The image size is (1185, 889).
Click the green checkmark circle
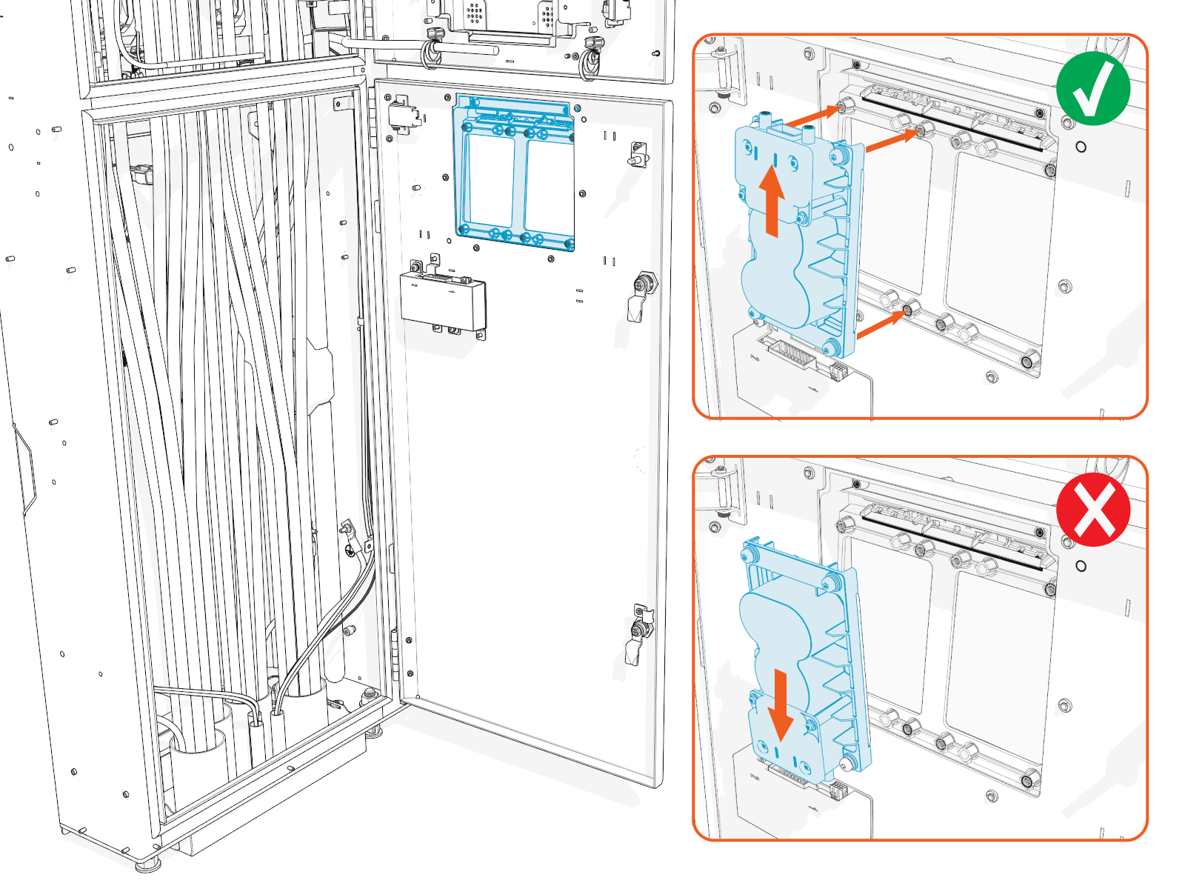pyautogui.click(x=1093, y=89)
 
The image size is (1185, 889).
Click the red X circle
pyautogui.click(x=1093, y=510)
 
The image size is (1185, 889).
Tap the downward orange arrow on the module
pyautogui.click(x=780, y=705)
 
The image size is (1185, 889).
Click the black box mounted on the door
pyautogui.click(x=443, y=300)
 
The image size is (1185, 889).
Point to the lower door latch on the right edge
pyautogui.click(x=639, y=634)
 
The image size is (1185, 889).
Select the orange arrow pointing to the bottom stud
pyautogui.click(x=881, y=325)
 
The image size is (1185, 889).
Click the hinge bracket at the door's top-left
pyautogui.click(x=402, y=113)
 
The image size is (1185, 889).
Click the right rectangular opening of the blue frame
pyautogui.click(x=549, y=185)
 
